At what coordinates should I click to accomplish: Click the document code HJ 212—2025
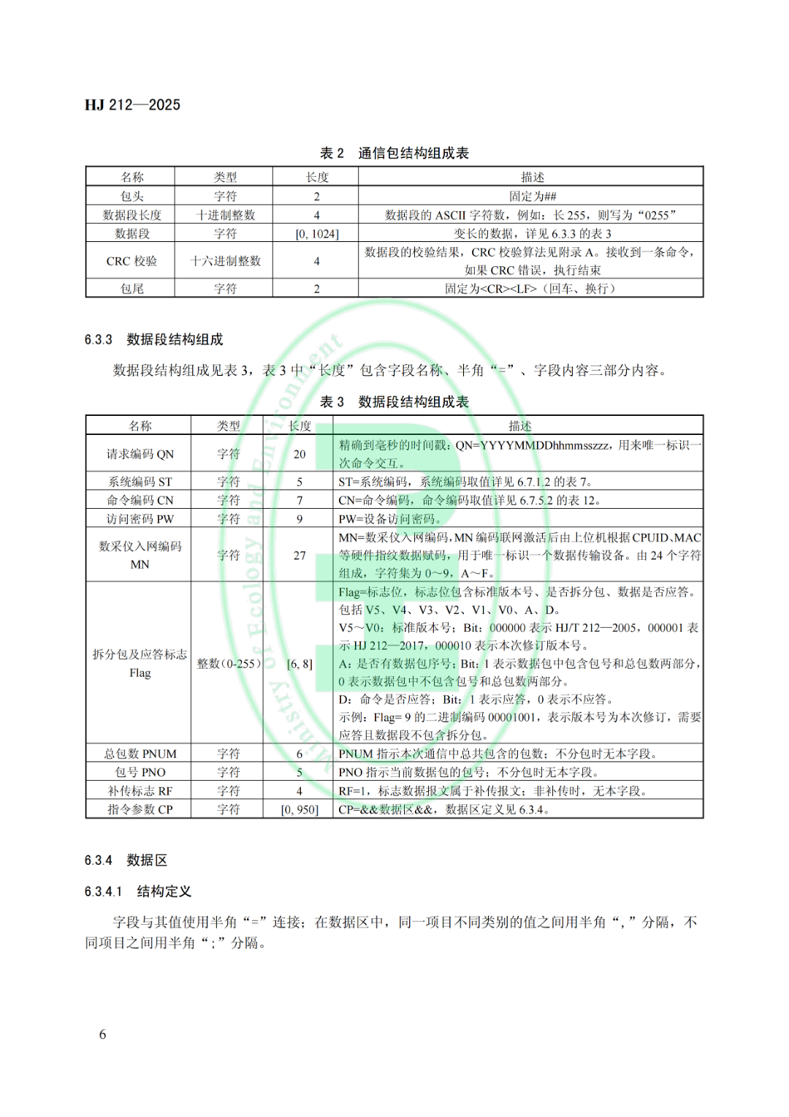click(x=132, y=105)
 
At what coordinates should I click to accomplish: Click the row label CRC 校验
click(x=131, y=261)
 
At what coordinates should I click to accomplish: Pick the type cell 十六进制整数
click(x=225, y=261)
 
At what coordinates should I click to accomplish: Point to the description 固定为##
click(x=533, y=196)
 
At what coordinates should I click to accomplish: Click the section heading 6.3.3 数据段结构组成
click(x=154, y=339)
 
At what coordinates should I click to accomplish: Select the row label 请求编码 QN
click(x=140, y=454)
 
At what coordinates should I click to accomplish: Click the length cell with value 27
click(x=300, y=556)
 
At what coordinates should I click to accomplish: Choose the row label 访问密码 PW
click(x=140, y=519)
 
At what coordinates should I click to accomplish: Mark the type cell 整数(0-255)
click(x=229, y=664)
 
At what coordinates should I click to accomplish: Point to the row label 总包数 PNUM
click(x=140, y=754)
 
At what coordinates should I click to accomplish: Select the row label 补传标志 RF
click(x=140, y=791)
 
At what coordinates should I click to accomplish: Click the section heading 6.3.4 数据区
click(x=126, y=860)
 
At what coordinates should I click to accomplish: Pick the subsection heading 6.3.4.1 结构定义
click(x=138, y=891)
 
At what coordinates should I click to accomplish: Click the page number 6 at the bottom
click(x=103, y=1034)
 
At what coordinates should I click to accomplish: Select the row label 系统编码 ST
click(x=140, y=482)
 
